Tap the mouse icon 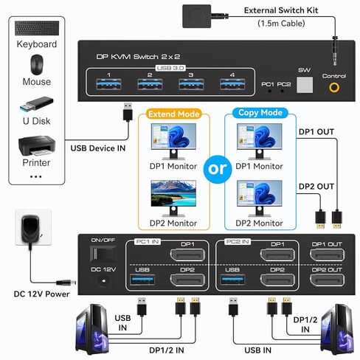(36, 64)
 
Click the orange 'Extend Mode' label (173, 114)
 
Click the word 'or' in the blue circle (218, 169)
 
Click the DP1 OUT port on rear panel (326, 255)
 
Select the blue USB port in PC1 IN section (143, 280)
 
